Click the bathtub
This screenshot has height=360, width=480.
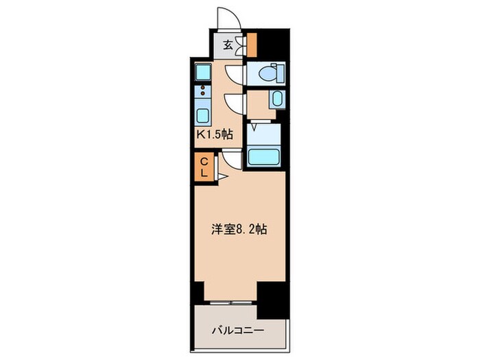(x=265, y=156)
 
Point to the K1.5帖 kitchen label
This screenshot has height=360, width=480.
(x=215, y=134)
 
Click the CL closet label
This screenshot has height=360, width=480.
(x=204, y=167)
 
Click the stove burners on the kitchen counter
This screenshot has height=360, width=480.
(x=203, y=91)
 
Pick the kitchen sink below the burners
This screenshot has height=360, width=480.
(x=203, y=113)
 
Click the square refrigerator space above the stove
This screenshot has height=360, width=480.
(x=203, y=70)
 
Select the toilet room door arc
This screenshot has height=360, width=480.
(x=235, y=74)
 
